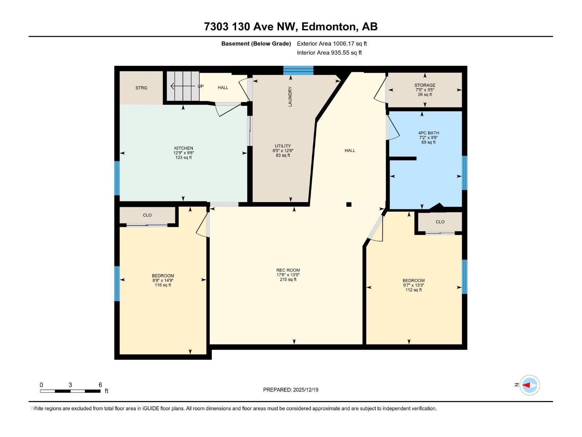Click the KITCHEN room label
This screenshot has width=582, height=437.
(183, 148)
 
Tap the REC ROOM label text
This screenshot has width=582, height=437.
(288, 270)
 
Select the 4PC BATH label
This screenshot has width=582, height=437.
(428, 133)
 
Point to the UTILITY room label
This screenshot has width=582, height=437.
(283, 146)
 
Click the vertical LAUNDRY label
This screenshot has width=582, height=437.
(290, 97)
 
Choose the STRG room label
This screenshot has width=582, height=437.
(141, 88)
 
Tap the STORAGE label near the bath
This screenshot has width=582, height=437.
(425, 85)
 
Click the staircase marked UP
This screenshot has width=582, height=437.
(183, 86)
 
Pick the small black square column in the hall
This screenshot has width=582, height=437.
(349, 204)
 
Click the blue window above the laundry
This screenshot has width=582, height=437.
(298, 70)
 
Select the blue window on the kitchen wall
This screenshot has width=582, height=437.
(117, 178)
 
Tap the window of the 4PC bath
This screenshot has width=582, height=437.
(465, 173)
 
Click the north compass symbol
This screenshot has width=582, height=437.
(529, 385)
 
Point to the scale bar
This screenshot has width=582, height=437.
(70, 391)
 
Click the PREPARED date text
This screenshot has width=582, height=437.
(291, 390)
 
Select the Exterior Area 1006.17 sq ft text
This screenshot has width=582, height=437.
(332, 43)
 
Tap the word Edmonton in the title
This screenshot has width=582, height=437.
(328, 27)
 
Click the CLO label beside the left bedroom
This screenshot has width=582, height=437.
(147, 215)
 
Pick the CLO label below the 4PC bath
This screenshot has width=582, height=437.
(440, 222)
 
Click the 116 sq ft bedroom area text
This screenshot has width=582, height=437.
(163, 285)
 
